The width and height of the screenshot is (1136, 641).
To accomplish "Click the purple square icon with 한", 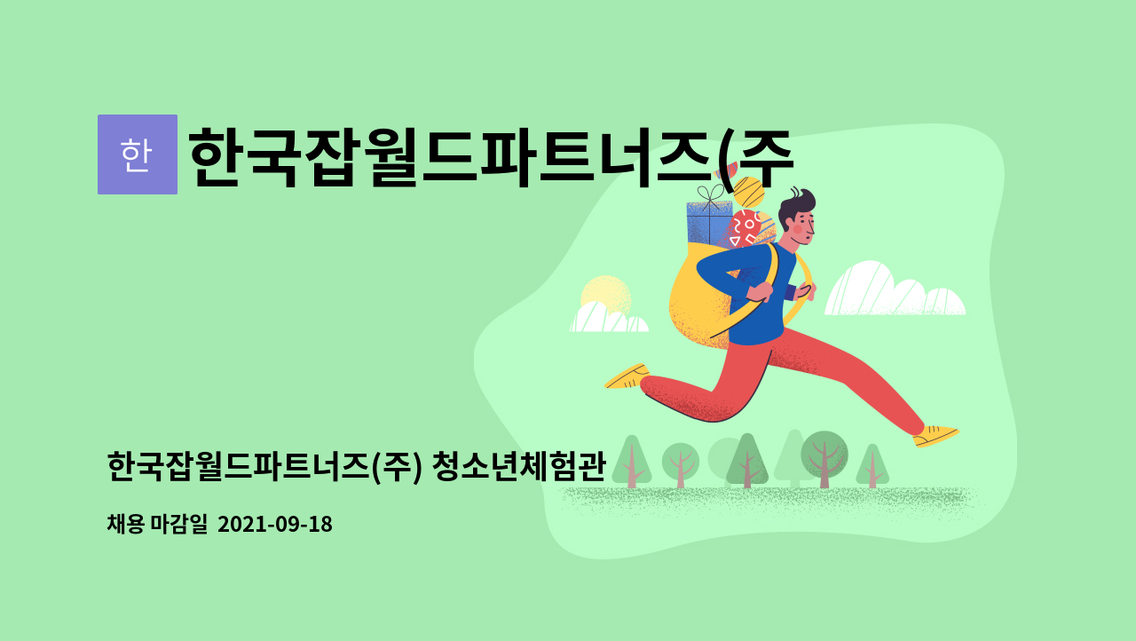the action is click(x=138, y=154).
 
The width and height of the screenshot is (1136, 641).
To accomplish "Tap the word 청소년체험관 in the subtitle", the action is click(x=519, y=467).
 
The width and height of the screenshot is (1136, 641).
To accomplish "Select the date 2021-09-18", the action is click(x=275, y=524).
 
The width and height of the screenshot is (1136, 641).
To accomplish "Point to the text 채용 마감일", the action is click(x=157, y=524).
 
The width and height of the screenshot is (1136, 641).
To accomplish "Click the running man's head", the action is click(x=797, y=217).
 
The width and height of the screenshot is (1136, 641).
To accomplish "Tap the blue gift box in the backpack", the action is click(x=708, y=224).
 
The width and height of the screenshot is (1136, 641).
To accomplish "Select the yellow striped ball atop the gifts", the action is click(x=748, y=192).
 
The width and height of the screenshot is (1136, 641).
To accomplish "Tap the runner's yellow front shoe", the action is click(x=935, y=436).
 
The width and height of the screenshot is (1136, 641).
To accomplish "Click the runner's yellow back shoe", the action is click(x=627, y=376).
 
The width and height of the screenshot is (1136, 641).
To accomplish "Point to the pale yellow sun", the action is click(x=605, y=295).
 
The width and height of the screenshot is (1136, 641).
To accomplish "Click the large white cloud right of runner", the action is click(x=895, y=290).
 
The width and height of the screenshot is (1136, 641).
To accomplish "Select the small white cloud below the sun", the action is click(x=609, y=318).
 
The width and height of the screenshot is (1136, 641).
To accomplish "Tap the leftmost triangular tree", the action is click(x=631, y=462).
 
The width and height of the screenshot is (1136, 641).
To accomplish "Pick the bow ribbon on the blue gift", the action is click(x=711, y=194).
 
